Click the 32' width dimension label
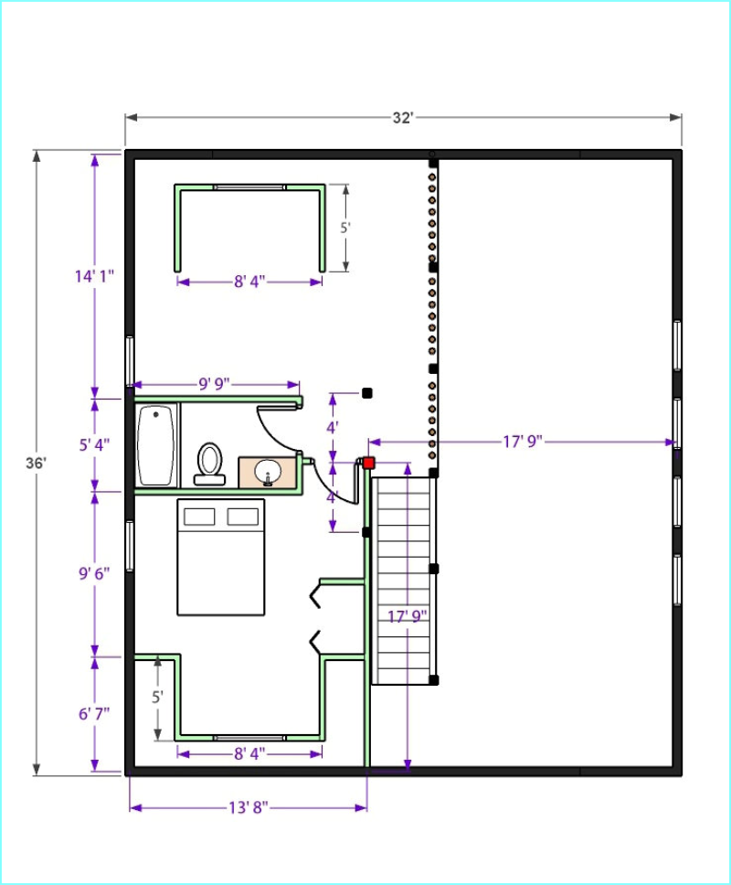[403, 117]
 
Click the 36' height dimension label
[37, 463]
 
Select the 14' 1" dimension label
[94, 276]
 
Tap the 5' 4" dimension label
[94, 444]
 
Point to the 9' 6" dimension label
[94, 573]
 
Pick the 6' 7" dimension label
[94, 714]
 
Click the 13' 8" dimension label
[249, 807]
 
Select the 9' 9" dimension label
[215, 384]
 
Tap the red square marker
[369, 463]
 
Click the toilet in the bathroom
[210, 464]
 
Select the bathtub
[155, 444]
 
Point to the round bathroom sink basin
[268, 471]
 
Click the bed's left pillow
[200, 517]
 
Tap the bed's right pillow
[243, 517]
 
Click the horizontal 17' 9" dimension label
[523, 442]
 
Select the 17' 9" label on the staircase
[408, 616]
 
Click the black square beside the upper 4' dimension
[367, 393]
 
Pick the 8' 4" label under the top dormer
[249, 281]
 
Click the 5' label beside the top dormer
[345, 228]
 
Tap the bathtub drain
[156, 415]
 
